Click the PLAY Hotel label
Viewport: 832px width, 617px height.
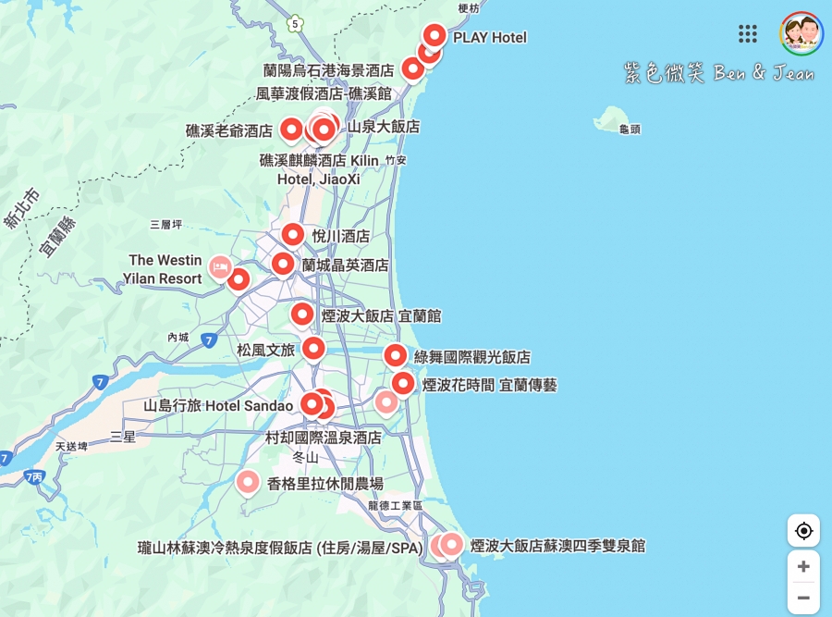point(489,38)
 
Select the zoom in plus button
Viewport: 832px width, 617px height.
point(803,566)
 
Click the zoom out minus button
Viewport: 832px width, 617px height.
point(803,598)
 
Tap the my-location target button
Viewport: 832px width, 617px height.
point(803,531)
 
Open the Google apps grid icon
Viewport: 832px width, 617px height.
point(748,34)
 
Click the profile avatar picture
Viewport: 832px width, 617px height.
point(801,34)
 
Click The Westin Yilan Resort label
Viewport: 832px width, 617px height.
point(165,269)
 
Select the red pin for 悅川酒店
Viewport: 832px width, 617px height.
point(293,235)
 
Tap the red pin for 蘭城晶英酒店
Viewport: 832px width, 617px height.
point(283,265)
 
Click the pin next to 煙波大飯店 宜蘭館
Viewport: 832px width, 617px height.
point(302,315)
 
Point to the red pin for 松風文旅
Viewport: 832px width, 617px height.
point(314,349)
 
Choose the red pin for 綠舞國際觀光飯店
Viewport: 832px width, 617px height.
point(395,355)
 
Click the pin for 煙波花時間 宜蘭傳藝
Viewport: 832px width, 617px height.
point(403,383)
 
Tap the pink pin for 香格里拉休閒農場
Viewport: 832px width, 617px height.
point(247,481)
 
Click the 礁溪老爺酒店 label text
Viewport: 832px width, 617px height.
point(229,130)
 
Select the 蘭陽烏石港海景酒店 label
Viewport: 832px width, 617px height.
point(328,70)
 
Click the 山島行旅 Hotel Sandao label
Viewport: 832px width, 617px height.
point(218,405)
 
